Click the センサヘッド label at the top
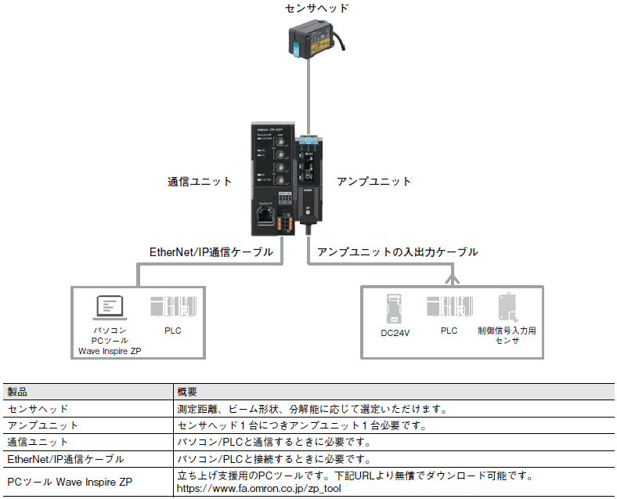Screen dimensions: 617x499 [317, 8]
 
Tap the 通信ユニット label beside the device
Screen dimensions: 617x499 [200, 182]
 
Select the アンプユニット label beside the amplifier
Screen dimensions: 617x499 [373, 182]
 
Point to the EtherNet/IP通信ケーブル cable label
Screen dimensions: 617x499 [211, 252]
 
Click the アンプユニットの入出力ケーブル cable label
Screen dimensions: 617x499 [398, 252]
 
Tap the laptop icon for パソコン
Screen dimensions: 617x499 [110, 308]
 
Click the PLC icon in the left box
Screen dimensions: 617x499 [173, 306]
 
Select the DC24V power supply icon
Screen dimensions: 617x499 [395, 309]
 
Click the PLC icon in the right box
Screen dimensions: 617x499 [449, 306]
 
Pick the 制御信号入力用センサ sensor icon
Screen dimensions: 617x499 [507, 308]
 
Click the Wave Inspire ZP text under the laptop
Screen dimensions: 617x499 [110, 351]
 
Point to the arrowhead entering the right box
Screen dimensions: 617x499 [453, 280]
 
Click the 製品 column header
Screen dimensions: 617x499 [17, 392]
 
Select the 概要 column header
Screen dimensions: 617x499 [187, 392]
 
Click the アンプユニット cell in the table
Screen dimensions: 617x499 [42, 425]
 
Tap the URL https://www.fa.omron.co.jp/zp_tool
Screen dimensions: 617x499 [259, 488]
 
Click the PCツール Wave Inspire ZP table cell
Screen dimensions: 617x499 [70, 482]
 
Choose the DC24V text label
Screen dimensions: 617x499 [395, 333]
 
